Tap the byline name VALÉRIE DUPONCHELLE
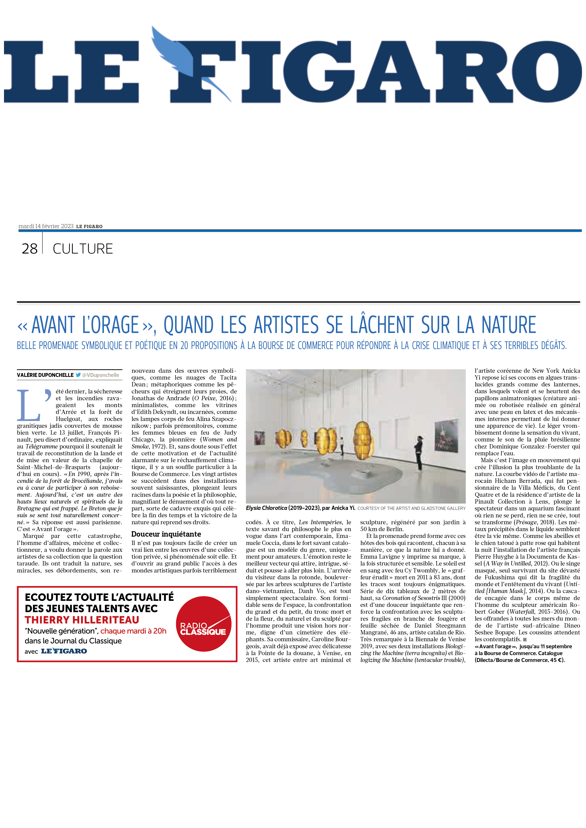click(45, 375)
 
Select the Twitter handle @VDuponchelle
click(100, 375)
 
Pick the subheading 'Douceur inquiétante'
click(166, 534)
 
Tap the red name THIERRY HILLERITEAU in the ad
click(82, 620)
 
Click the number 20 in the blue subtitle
click(184, 345)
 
